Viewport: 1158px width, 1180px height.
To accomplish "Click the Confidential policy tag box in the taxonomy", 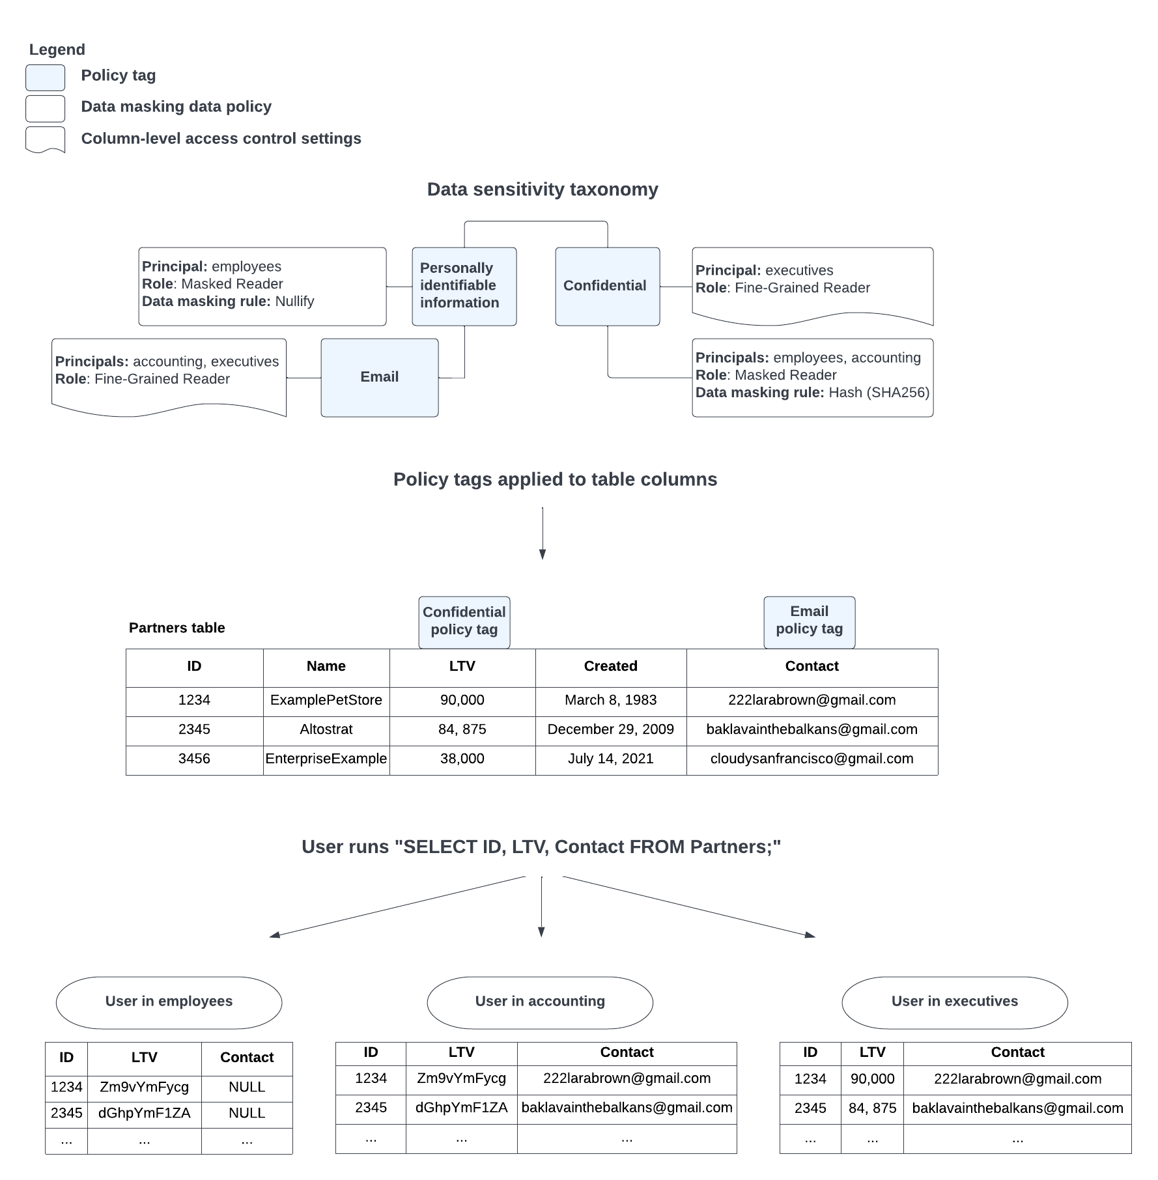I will tap(607, 286).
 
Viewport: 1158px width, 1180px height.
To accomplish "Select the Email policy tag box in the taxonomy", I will tap(379, 377).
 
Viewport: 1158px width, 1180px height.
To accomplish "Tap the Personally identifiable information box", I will tap(464, 286).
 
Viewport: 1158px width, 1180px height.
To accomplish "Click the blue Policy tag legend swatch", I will tap(45, 77).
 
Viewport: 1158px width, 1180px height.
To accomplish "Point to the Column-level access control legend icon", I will tap(45, 139).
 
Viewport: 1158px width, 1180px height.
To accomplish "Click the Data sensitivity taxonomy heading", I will tap(542, 190).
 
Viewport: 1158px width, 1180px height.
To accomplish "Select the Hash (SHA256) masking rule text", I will tap(879, 393).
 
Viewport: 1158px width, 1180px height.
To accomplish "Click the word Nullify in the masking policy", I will tap(294, 302).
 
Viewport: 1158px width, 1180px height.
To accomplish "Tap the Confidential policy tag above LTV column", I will tap(464, 621).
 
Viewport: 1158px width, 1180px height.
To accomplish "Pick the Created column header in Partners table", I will tap(610, 666).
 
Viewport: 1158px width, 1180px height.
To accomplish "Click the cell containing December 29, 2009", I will tap(610, 729).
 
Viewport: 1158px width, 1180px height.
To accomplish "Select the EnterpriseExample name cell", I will tap(326, 759).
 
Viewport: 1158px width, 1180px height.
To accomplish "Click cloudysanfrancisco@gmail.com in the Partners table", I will tap(812, 759).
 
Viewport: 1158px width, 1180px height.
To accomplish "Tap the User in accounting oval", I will tap(539, 1002).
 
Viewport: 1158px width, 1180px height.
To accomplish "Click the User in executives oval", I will tap(954, 1002).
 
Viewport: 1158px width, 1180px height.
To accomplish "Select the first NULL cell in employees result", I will tap(247, 1087).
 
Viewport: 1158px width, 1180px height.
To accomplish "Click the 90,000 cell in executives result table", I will tap(872, 1079).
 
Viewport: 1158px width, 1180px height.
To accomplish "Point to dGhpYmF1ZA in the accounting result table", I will tap(461, 1108).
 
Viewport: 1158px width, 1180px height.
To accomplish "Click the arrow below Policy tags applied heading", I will tap(542, 534).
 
